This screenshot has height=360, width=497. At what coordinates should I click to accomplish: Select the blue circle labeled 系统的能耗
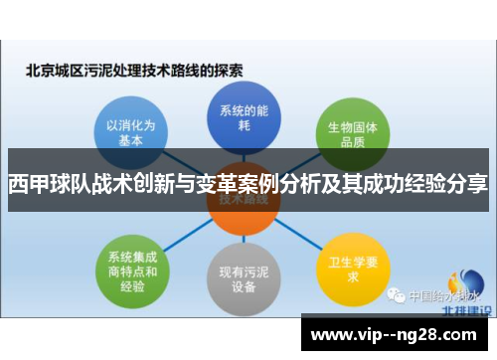click(x=237, y=116)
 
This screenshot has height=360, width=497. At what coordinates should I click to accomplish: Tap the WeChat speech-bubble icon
click(x=397, y=295)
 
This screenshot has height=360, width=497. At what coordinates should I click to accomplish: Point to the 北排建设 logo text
click(x=460, y=310)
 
